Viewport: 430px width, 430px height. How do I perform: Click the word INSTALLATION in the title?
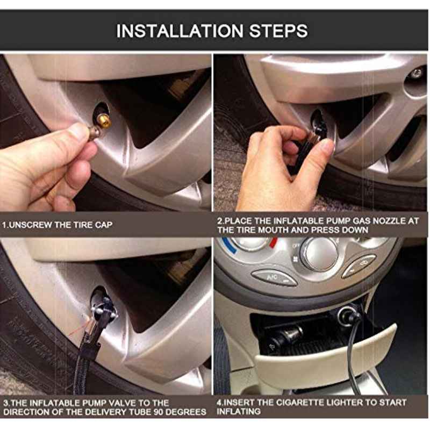[180, 31]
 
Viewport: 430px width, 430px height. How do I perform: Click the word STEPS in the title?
[278, 31]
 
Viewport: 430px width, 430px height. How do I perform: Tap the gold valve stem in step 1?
[105, 123]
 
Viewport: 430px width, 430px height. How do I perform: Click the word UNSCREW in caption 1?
[26, 225]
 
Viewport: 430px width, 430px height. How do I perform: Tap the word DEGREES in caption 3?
[186, 412]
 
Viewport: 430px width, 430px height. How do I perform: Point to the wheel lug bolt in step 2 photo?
[416, 73]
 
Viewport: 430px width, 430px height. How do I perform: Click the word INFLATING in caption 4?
[239, 411]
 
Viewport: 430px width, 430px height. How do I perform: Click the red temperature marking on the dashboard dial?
[274, 242]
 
